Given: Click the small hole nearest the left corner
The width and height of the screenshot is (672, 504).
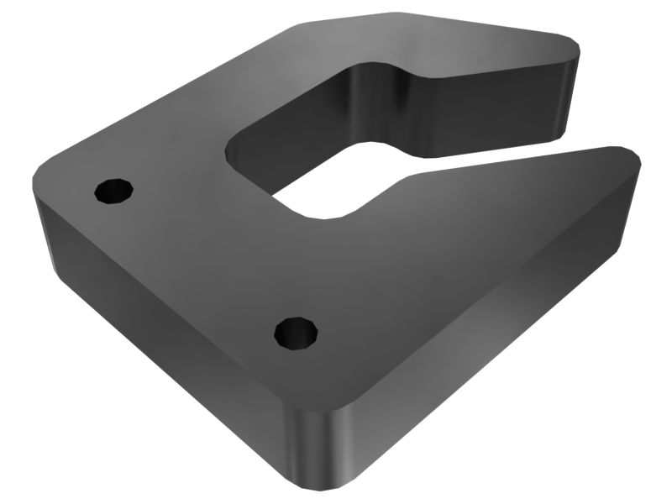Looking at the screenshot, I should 113,191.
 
